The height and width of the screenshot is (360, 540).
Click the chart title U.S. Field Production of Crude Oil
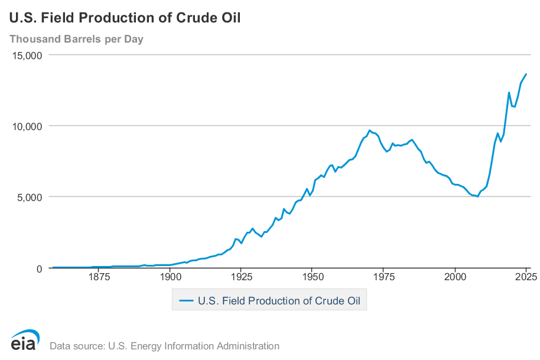tap(125, 18)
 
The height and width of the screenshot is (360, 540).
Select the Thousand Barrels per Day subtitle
tap(76, 40)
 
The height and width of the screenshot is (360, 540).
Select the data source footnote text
tap(164, 346)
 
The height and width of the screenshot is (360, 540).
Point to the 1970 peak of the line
tap(370, 131)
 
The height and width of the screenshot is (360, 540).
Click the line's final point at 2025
tap(526, 74)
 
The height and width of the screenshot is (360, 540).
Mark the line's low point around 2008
tap(477, 197)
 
